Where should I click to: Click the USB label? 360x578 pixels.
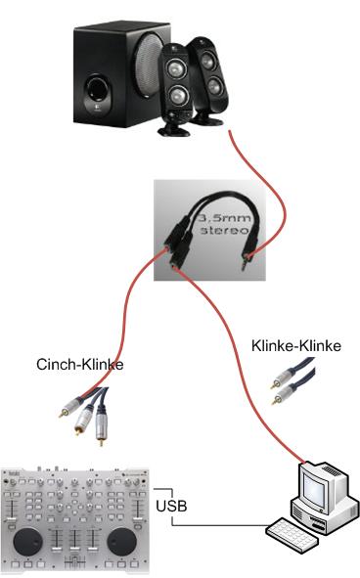point(171,506)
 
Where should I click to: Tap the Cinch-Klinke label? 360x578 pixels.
point(80,365)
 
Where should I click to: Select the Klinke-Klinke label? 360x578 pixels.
point(296,346)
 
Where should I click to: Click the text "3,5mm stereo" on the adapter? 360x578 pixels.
point(224,224)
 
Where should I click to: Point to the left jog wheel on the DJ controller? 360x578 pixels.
point(28,542)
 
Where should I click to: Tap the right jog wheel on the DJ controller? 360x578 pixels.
point(121,542)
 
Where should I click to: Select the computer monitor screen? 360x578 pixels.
point(314,485)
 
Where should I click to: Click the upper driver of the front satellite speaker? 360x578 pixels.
point(175,68)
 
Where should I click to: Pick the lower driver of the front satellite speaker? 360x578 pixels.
point(178,96)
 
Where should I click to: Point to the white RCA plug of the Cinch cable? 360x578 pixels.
point(84,418)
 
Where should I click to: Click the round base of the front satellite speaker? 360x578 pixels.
point(174,129)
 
